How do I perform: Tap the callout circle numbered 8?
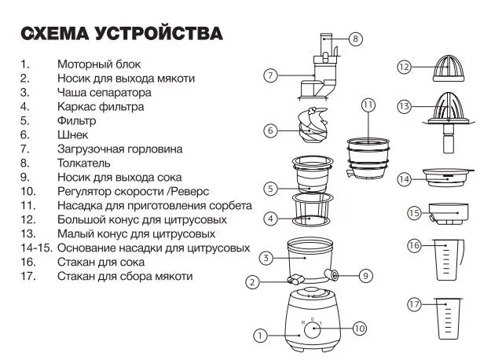[355, 39]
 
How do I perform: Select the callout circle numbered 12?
[404, 68]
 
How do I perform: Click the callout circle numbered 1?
[258, 336]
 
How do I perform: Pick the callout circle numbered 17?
[414, 304]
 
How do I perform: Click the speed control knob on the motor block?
[313, 329]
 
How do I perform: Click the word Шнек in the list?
[72, 135]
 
